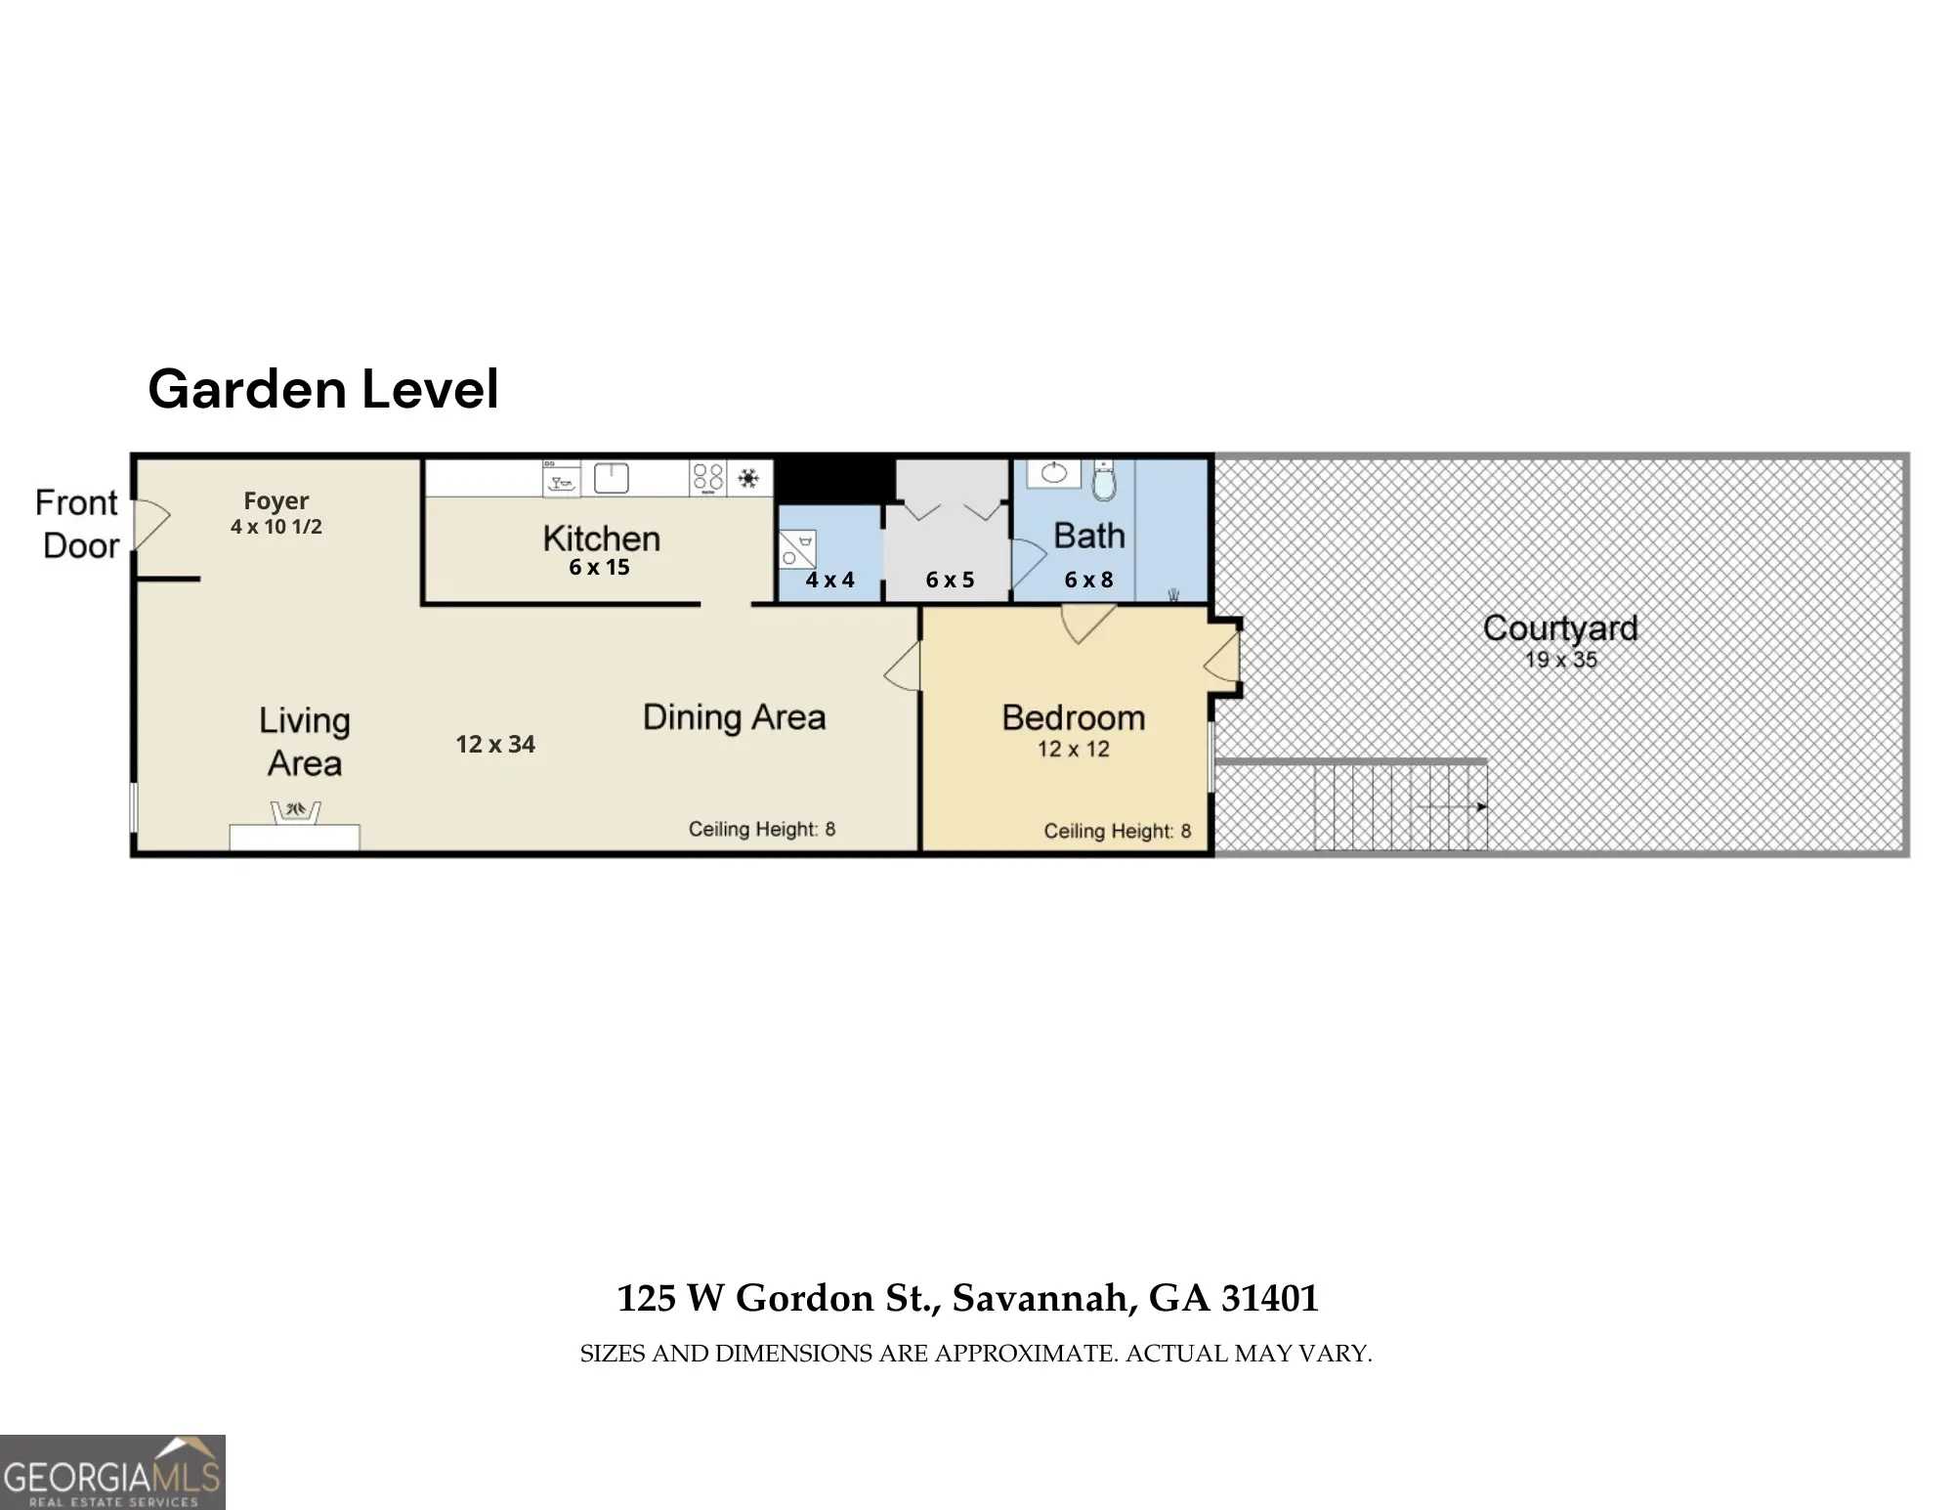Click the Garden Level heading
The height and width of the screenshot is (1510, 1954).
coord(323,389)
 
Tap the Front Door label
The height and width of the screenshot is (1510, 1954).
coord(77,524)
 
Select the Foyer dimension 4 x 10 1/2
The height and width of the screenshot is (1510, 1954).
coord(276,527)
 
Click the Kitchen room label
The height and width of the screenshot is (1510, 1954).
coord(602,539)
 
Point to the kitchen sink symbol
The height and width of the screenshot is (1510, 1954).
coord(612,479)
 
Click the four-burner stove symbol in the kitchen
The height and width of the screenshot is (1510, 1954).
coord(708,478)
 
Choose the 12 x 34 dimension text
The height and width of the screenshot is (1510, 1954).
coord(495,745)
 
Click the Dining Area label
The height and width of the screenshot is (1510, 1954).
coord(735,717)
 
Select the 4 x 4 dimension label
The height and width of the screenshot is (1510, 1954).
coord(830,581)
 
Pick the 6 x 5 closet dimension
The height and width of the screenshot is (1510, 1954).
coord(951,581)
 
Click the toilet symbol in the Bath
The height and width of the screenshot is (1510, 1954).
coord(1104,480)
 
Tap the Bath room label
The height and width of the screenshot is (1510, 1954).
coord(1089,536)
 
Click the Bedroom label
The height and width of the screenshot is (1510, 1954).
coord(1074,718)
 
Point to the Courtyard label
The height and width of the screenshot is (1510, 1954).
coord(1560,627)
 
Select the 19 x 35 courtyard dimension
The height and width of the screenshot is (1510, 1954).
coord(1561,660)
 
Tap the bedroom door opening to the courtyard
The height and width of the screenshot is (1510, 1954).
coord(1222,656)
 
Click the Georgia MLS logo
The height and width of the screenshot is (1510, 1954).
coord(112,1472)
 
